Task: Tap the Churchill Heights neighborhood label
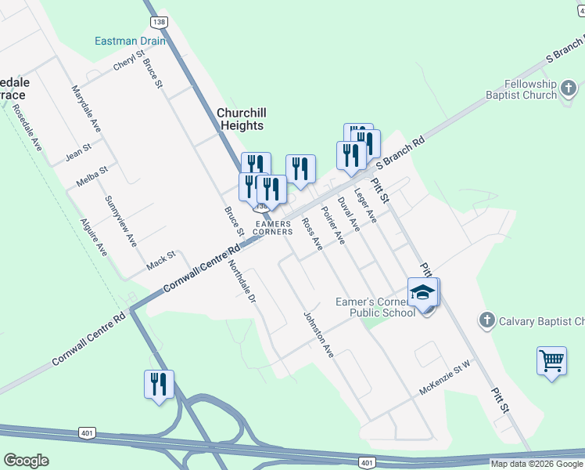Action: [x=240, y=118]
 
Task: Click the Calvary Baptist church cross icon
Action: [x=486, y=320]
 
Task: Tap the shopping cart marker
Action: [x=551, y=361]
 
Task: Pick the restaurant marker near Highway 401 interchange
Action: [x=159, y=385]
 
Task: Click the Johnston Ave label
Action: [x=318, y=334]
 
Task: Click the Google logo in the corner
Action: [x=26, y=461]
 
